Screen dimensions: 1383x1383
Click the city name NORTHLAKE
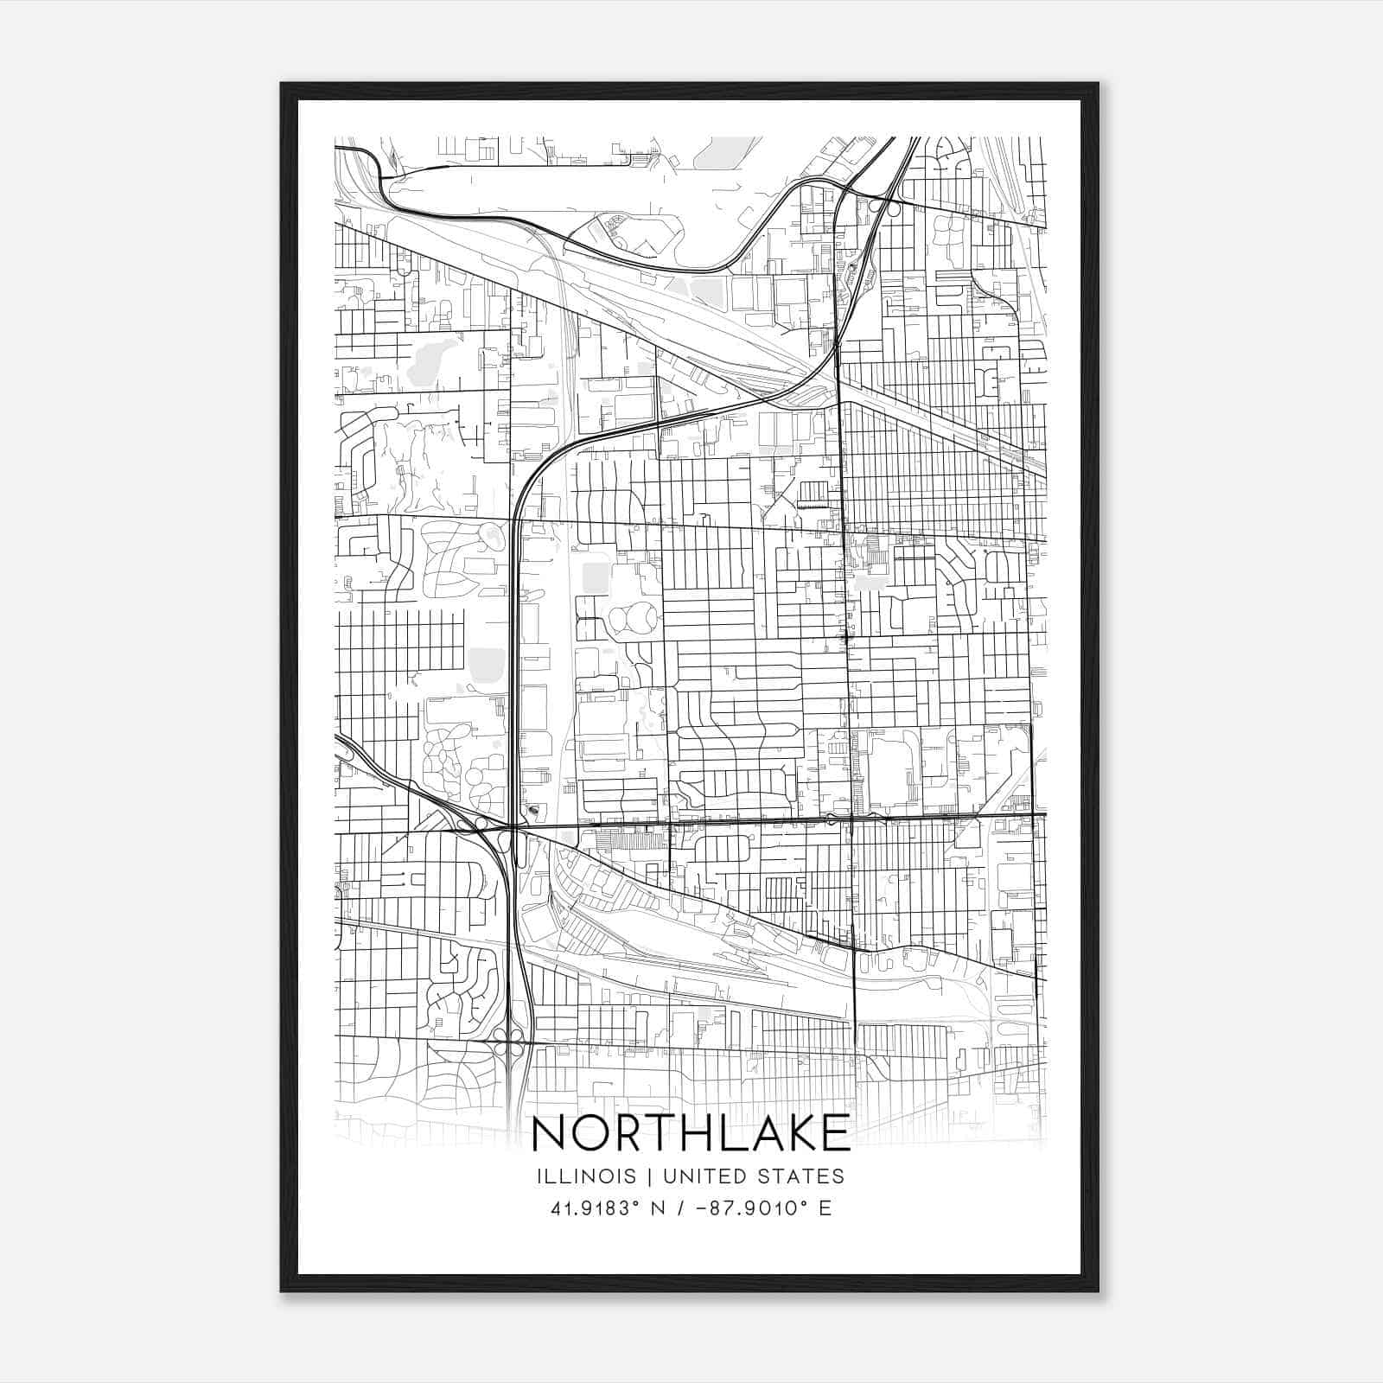click(x=691, y=1133)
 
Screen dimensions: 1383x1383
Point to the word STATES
click(x=802, y=1176)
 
